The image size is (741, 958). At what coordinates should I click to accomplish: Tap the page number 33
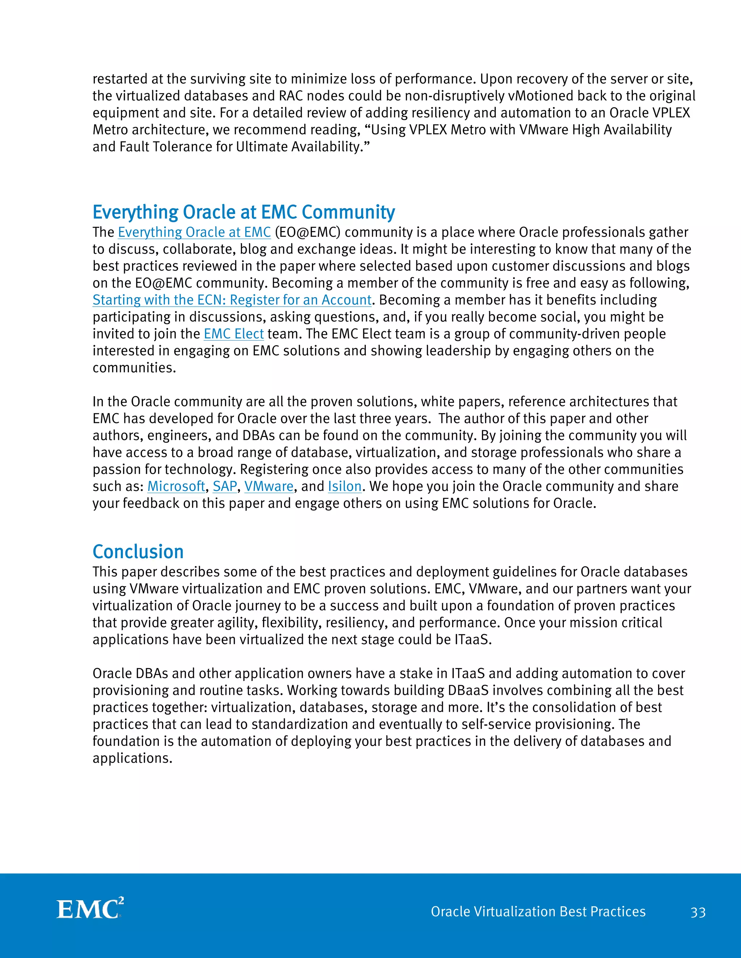pyautogui.click(x=698, y=912)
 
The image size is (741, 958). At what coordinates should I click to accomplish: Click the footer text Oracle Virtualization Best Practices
pyautogui.click(x=538, y=911)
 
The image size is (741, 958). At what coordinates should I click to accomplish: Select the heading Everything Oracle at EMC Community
pyautogui.click(x=244, y=212)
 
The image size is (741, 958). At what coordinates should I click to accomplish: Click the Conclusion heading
pyautogui.click(x=138, y=552)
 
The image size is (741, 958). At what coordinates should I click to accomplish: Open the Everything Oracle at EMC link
pyautogui.click(x=194, y=232)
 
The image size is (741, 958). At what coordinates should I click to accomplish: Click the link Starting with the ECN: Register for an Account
pyautogui.click(x=232, y=300)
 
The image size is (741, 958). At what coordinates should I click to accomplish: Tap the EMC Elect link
pyautogui.click(x=233, y=334)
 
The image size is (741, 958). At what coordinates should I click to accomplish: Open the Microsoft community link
pyautogui.click(x=176, y=487)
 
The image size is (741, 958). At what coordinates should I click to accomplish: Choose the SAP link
pyautogui.click(x=225, y=487)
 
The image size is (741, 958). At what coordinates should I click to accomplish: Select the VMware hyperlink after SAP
pyautogui.click(x=269, y=487)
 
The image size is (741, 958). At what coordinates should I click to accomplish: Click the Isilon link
pyautogui.click(x=344, y=487)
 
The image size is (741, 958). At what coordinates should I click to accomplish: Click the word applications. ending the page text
pyautogui.click(x=132, y=758)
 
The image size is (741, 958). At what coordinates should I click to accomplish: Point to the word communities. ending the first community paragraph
pyautogui.click(x=134, y=368)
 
